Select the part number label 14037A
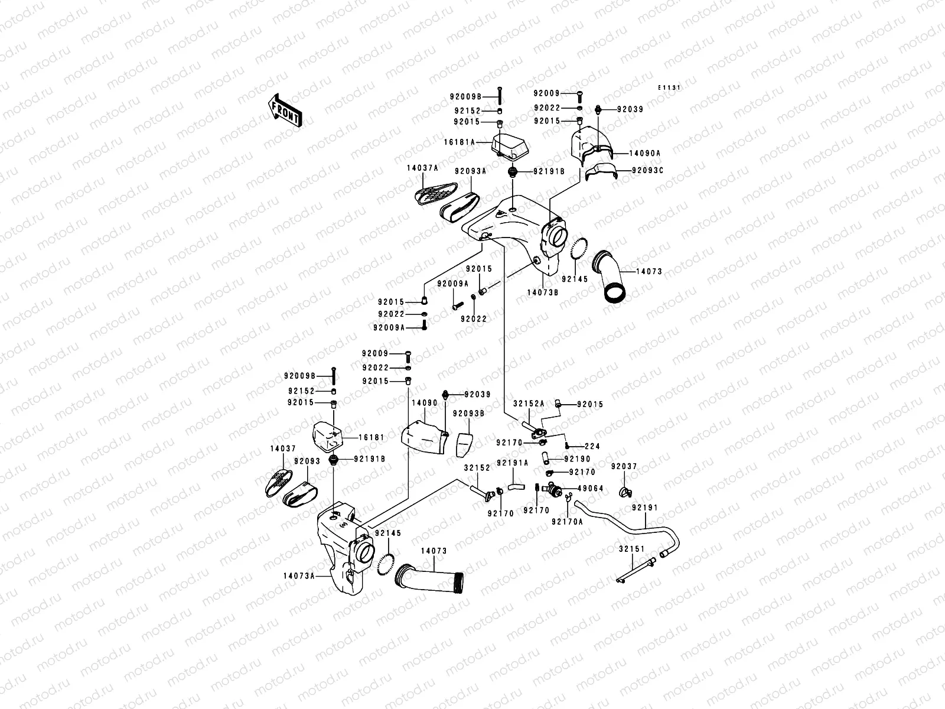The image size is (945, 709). click(x=422, y=168)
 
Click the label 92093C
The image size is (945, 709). click(x=647, y=170)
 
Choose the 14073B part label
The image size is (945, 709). click(x=542, y=291)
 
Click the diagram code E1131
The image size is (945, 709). click(x=670, y=87)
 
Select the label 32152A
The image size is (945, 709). click(x=528, y=404)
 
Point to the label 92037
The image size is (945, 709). click(x=624, y=466)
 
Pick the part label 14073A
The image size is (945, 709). click(x=299, y=575)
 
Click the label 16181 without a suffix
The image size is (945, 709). click(x=372, y=438)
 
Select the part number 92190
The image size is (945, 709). click(x=577, y=458)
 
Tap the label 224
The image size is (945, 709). click(x=592, y=446)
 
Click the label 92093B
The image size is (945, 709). click(x=468, y=414)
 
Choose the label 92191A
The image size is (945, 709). click(x=512, y=463)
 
